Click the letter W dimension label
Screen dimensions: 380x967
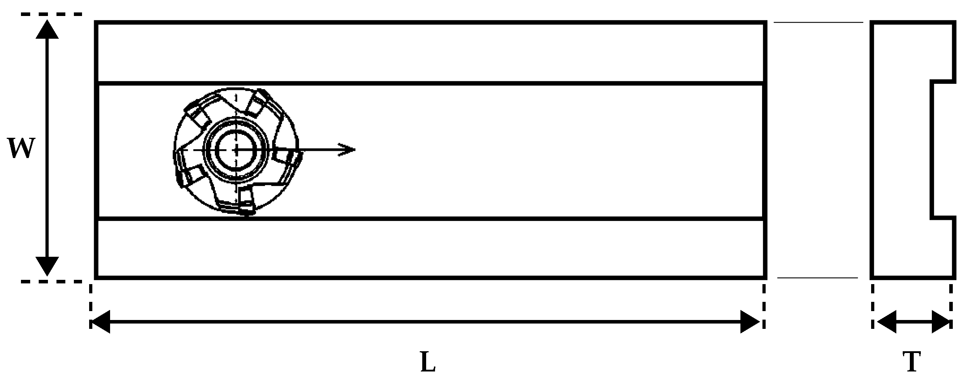click(x=22, y=148)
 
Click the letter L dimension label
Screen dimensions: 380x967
click(x=428, y=362)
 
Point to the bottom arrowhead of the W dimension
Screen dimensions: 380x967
click(x=47, y=266)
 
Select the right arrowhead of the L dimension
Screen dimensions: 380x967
click(x=750, y=322)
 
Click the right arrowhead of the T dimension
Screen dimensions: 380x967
click(x=941, y=322)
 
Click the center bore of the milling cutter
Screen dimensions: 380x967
click(x=236, y=150)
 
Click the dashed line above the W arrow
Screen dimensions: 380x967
click(x=51, y=14)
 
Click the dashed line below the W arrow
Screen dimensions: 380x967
click(x=51, y=281)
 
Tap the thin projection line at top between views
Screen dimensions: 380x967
click(x=818, y=22)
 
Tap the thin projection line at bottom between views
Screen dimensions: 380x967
click(x=817, y=278)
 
